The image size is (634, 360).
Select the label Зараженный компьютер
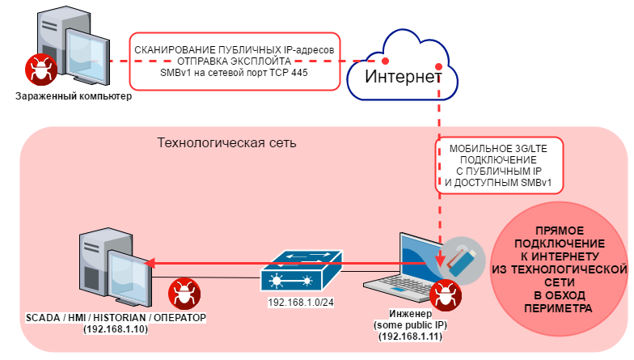click(x=73, y=97)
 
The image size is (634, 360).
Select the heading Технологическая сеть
click(x=226, y=143)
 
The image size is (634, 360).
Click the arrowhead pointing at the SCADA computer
click(x=149, y=262)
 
